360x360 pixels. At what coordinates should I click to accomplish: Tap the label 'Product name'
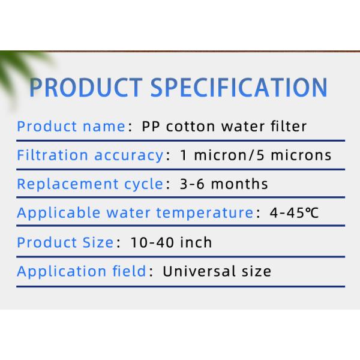(x=71, y=127)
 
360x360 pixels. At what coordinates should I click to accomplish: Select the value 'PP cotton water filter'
(x=224, y=127)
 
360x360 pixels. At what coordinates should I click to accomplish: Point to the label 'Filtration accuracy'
(x=89, y=155)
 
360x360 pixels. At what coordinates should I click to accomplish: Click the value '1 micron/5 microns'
(x=256, y=155)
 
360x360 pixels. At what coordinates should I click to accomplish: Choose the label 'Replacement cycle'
(x=89, y=184)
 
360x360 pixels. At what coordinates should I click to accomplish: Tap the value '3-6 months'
(x=224, y=184)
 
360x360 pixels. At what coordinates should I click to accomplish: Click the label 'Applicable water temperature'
(x=135, y=213)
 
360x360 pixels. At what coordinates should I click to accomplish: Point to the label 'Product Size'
(x=65, y=242)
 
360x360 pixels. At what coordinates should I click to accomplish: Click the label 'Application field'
(x=81, y=271)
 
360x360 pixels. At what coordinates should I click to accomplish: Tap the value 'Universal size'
(x=217, y=271)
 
